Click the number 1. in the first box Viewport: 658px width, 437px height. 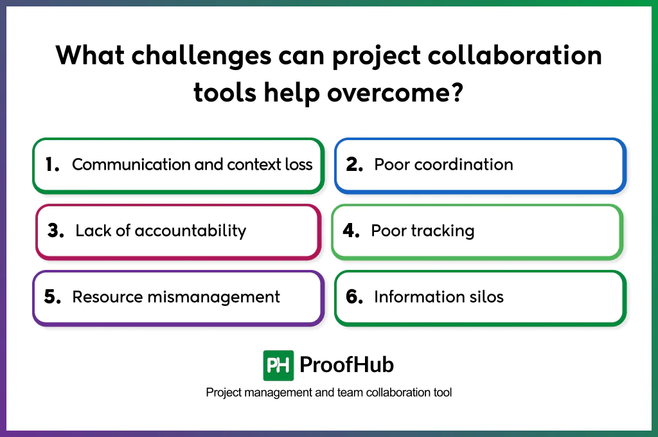pyautogui.click(x=52, y=165)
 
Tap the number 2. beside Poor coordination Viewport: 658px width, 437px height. pyautogui.click(x=355, y=165)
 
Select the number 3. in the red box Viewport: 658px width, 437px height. pyautogui.click(x=56, y=231)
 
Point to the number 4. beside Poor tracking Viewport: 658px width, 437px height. pyautogui.click(x=351, y=231)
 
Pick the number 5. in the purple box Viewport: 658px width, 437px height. pyautogui.click(x=52, y=297)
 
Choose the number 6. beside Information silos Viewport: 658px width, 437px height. pyautogui.click(x=355, y=297)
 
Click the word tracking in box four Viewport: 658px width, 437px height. pyautogui.click(x=445, y=231)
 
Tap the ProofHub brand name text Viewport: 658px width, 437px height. pyautogui.click(x=346, y=366)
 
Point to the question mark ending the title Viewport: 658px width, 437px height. pyautogui.click(x=457, y=93)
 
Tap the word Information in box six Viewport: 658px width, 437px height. pyautogui.click(x=418, y=297)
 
